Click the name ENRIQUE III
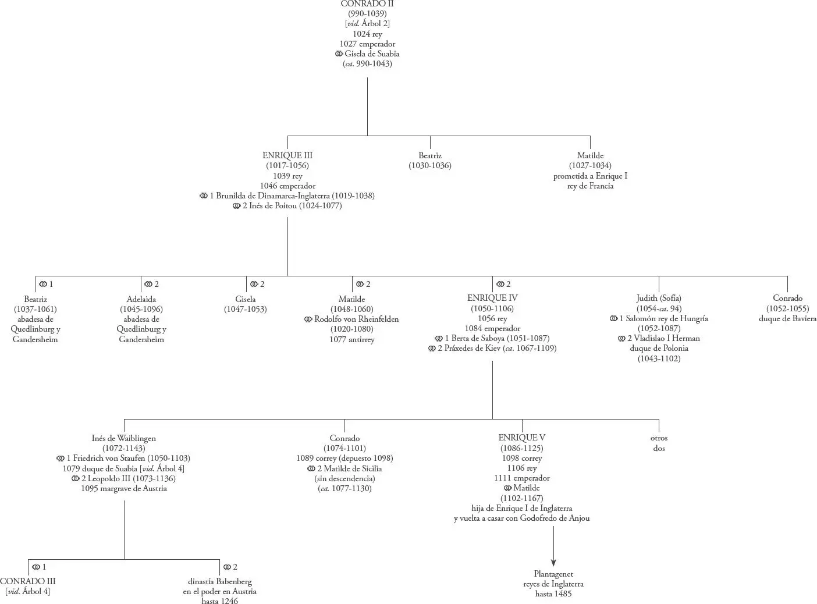point(287,155)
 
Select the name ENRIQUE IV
point(492,298)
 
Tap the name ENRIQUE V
point(521,438)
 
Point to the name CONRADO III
point(28,581)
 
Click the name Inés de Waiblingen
point(124,438)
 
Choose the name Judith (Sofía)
point(659,298)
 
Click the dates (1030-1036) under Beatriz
point(430,166)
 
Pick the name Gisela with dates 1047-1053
point(246,299)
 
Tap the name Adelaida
point(141,299)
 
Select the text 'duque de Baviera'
point(787,318)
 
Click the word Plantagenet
point(553,574)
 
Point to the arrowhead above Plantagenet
point(553,562)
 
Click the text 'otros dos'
point(659,443)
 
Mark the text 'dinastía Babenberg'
point(220,581)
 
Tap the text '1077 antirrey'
point(352,339)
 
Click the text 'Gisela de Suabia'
point(372,54)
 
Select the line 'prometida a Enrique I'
point(590,176)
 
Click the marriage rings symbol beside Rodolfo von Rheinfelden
point(308,319)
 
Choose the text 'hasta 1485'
point(553,594)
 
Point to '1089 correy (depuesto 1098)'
point(344,458)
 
